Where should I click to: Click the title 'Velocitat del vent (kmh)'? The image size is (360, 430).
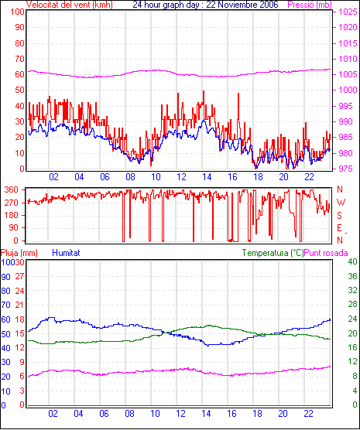(70, 5)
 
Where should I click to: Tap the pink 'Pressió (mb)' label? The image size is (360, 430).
(310, 5)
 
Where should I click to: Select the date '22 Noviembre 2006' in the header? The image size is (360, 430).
(242, 5)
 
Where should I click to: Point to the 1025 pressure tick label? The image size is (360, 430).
(348, 12)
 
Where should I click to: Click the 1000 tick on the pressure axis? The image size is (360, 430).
(348, 90)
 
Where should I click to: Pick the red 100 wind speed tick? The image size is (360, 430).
(17, 12)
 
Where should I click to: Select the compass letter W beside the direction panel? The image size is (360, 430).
(341, 203)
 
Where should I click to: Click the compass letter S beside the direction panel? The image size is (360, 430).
(340, 216)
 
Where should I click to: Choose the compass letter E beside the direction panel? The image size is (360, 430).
(339, 228)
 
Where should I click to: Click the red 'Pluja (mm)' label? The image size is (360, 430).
(19, 253)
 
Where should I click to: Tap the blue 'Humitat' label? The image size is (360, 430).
(66, 253)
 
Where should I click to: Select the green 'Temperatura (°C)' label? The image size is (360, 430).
(273, 253)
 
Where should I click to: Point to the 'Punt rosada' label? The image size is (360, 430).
(326, 253)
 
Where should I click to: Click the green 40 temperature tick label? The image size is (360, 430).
(352, 261)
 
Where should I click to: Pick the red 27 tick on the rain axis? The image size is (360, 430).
(20, 276)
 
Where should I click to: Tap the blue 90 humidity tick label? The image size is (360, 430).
(5, 277)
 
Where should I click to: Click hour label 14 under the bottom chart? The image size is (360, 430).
(206, 413)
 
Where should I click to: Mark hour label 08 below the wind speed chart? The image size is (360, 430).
(130, 177)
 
